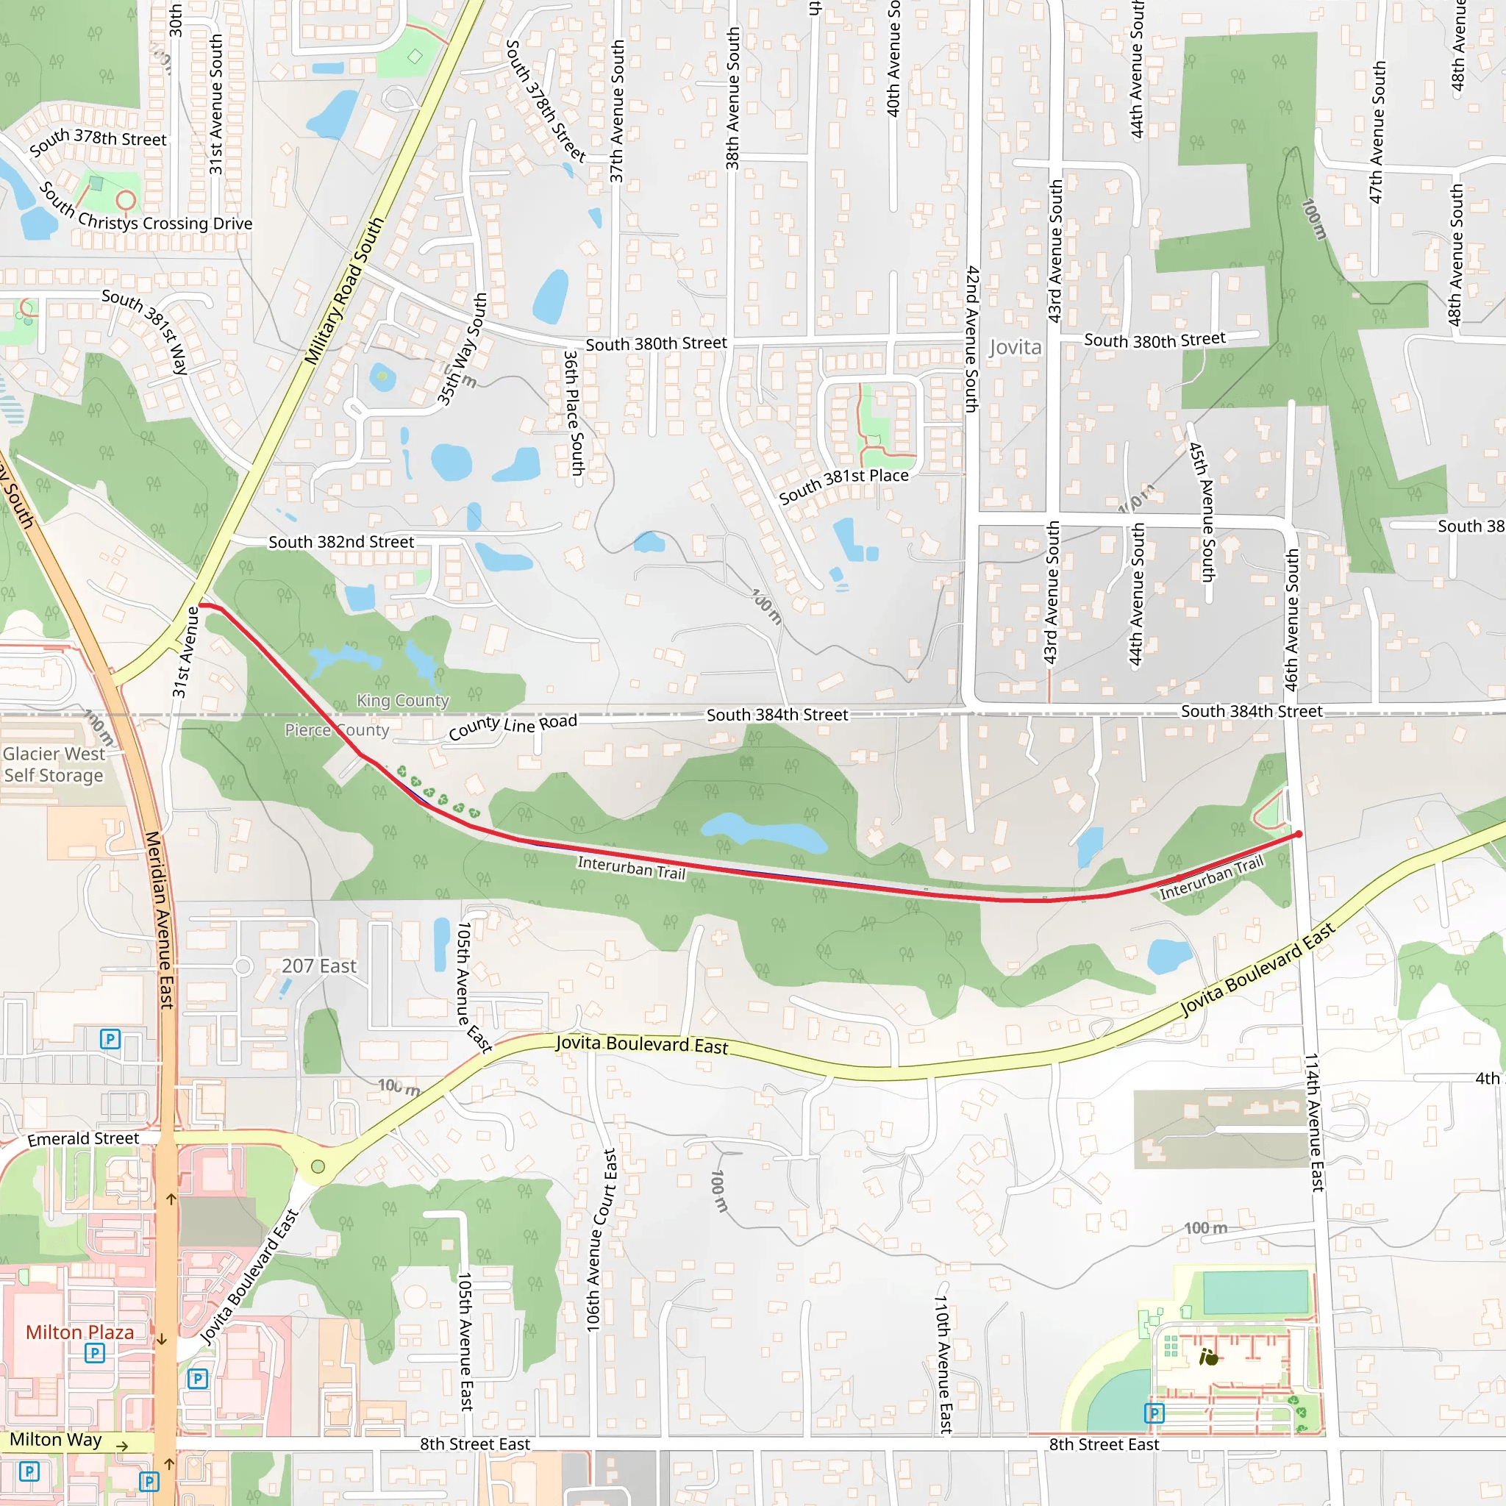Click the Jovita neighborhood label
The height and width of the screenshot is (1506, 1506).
click(1015, 347)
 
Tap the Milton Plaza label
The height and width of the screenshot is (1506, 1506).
click(79, 1332)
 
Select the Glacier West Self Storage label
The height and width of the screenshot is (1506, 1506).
click(54, 765)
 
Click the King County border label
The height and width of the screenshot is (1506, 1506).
click(403, 700)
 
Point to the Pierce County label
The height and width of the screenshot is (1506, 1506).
click(337, 729)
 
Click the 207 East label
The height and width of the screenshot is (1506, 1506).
click(319, 966)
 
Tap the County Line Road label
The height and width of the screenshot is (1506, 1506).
click(513, 726)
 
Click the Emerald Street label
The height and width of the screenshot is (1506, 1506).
click(83, 1139)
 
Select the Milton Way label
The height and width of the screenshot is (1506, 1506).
click(55, 1439)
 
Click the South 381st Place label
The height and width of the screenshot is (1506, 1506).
click(843, 485)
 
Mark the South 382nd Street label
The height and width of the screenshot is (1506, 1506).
click(340, 542)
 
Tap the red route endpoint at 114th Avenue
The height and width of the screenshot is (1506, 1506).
click(1299, 834)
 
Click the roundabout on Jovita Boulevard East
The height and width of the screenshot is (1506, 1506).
click(318, 1166)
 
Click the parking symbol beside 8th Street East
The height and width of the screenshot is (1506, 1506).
click(1154, 1413)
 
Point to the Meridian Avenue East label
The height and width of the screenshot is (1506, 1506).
click(160, 920)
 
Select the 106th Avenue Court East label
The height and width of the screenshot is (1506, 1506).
click(601, 1239)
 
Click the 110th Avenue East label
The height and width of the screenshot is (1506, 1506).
click(943, 1364)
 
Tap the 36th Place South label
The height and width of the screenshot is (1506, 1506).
click(574, 413)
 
